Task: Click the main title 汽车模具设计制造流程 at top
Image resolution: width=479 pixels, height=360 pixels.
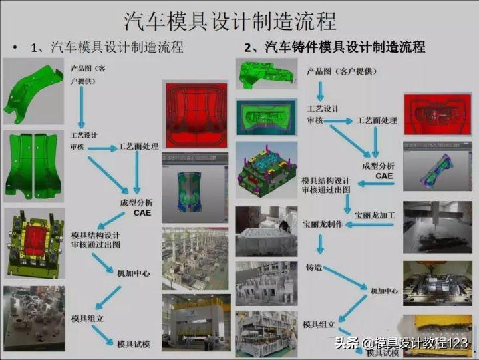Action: click(x=230, y=21)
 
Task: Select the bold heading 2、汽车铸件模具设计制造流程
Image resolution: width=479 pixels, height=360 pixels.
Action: click(x=335, y=47)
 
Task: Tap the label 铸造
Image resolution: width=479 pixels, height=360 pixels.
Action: click(x=314, y=268)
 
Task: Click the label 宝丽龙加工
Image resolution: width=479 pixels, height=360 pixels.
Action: click(x=375, y=215)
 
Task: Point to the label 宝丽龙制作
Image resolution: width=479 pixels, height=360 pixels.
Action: click(x=323, y=224)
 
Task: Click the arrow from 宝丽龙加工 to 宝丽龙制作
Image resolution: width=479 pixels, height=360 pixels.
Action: click(x=369, y=225)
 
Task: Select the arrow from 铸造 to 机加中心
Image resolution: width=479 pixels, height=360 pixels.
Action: click(x=345, y=277)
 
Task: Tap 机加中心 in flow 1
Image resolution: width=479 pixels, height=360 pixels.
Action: click(x=134, y=273)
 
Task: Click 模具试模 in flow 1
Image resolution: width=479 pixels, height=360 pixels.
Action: click(x=134, y=344)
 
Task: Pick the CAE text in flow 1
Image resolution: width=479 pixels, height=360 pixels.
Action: click(x=142, y=213)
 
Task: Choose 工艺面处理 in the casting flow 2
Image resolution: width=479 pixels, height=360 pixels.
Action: click(x=377, y=120)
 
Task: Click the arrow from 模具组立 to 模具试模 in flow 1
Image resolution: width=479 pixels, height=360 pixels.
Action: click(x=102, y=335)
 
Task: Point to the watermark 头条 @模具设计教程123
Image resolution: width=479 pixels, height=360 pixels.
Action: click(x=401, y=343)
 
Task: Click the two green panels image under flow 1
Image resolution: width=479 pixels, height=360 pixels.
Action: click(x=34, y=166)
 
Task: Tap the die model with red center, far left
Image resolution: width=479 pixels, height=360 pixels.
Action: click(x=35, y=244)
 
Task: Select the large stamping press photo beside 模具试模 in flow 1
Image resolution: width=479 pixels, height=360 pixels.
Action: click(x=196, y=323)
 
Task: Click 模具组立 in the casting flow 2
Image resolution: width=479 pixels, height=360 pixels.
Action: click(x=319, y=324)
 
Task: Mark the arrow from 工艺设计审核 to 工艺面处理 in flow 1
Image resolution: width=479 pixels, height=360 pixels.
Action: click(x=102, y=148)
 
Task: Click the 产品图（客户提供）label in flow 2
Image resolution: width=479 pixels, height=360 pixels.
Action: click(x=342, y=71)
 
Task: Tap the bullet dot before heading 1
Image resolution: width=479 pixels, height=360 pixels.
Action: click(x=15, y=48)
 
